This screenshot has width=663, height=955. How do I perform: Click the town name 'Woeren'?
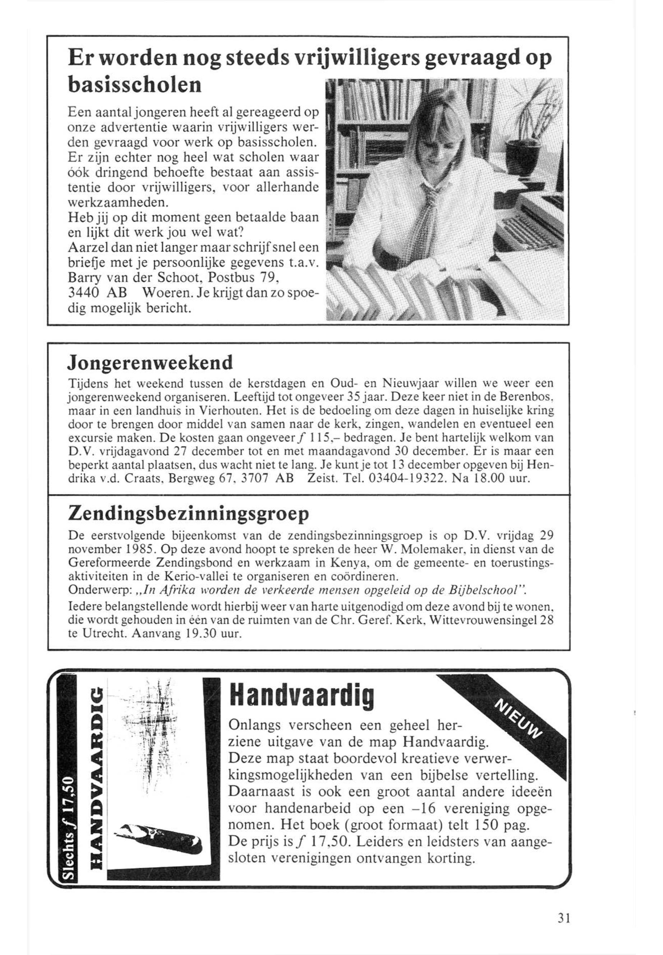(166, 293)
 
